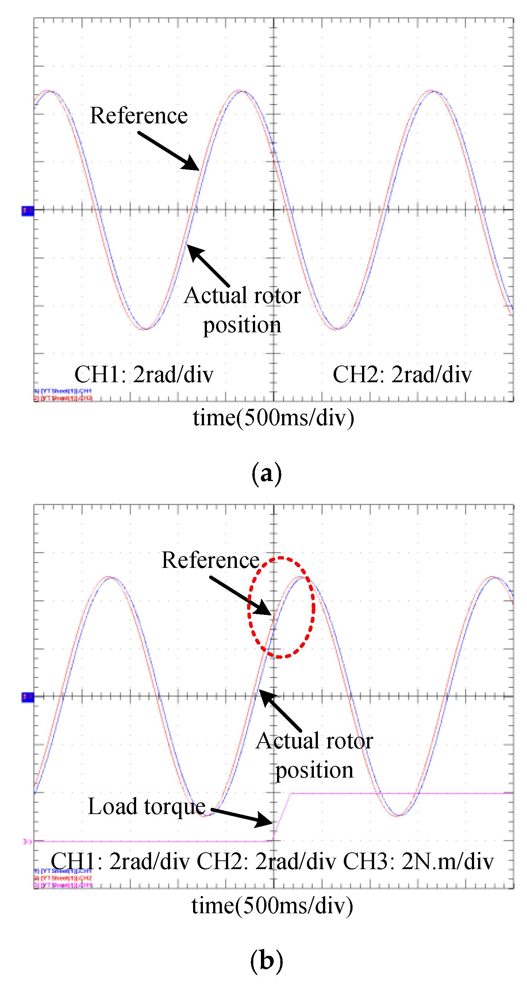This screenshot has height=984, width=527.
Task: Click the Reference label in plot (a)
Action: pyautogui.click(x=138, y=115)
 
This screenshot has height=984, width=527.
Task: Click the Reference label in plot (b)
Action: pyautogui.click(x=210, y=560)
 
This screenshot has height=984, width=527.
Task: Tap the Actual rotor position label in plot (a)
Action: pyautogui.click(x=242, y=310)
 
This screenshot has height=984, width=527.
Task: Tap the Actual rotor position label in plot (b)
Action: pyautogui.click(x=314, y=755)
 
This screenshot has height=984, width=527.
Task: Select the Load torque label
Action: pyautogui.click(x=147, y=806)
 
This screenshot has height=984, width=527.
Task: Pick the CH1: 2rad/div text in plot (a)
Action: pyautogui.click(x=144, y=374)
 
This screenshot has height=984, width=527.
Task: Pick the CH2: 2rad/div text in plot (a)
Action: pyautogui.click(x=402, y=374)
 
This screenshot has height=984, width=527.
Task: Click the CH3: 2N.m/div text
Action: pyautogui.click(x=418, y=862)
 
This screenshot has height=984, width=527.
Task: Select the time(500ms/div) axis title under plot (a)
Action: pyautogui.click(x=273, y=418)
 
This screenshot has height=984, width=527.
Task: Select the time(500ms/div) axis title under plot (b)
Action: pyautogui.click(x=272, y=905)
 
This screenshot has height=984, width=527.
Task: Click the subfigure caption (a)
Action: pyautogui.click(x=266, y=473)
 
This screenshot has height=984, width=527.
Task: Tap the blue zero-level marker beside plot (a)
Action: pyautogui.click(x=27, y=210)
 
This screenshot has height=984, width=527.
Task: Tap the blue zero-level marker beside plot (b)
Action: pyautogui.click(x=27, y=697)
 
